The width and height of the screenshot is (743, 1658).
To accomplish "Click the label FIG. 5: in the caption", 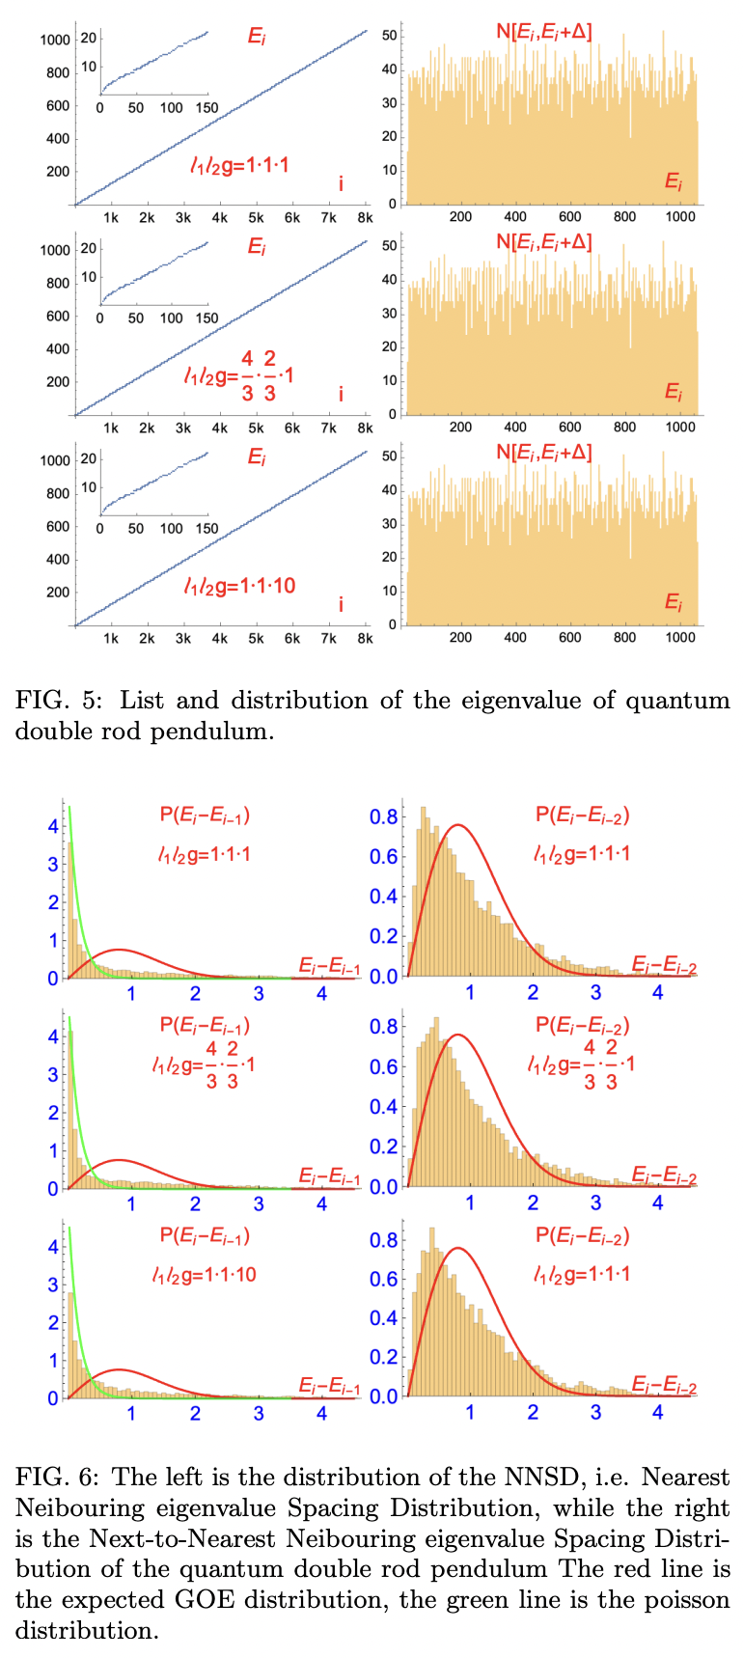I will pyautogui.click(x=57, y=700).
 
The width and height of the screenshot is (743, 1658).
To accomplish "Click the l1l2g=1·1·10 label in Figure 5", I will pyautogui.click(x=240, y=586).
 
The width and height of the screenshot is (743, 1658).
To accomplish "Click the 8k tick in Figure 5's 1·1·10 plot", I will pyautogui.click(x=364, y=639).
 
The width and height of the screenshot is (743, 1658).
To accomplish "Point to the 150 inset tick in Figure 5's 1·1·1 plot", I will pyautogui.click(x=206, y=108).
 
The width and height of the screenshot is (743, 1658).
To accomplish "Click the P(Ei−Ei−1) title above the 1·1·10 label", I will pyautogui.click(x=205, y=1236).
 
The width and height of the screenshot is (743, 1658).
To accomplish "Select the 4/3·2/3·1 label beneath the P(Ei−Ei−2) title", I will pyautogui.click(x=581, y=1064).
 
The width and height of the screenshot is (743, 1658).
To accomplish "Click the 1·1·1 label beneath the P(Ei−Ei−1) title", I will pyautogui.click(x=205, y=853).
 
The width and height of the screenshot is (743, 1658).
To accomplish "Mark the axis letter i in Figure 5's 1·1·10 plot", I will pyautogui.click(x=341, y=605).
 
